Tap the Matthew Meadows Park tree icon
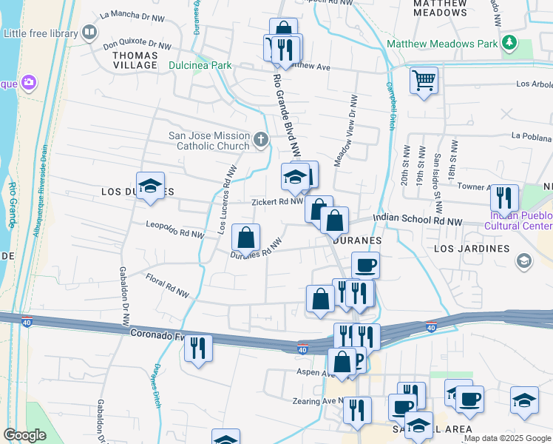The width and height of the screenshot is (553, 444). [509, 44]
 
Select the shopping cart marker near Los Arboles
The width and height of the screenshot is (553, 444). [423, 80]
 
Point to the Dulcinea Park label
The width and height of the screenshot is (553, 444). [201, 65]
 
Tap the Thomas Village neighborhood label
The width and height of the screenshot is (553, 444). [135, 60]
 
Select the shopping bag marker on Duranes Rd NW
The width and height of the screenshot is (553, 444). [245, 238]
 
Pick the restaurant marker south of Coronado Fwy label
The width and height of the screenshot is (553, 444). [197, 348]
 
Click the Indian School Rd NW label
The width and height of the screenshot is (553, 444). [417, 221]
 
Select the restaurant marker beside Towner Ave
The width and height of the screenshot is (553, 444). [503, 198]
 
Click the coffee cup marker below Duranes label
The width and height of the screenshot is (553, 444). [365, 265]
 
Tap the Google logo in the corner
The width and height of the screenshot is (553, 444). [24, 435]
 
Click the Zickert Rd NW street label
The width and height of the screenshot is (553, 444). [277, 201]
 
